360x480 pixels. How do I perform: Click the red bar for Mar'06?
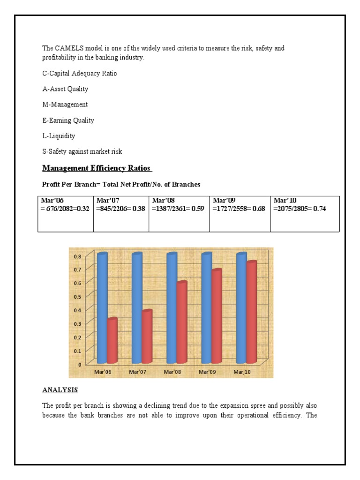112,341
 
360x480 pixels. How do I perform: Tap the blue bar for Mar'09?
207,308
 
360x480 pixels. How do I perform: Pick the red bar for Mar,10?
252,312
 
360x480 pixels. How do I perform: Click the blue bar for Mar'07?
137,308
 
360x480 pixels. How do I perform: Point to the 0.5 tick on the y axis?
77,296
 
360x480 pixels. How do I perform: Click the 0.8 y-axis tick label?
77,256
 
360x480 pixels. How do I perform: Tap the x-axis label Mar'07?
138,372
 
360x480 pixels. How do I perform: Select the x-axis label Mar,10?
241,372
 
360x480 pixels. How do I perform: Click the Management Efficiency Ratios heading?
97,168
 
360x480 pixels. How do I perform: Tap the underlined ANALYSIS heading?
60,390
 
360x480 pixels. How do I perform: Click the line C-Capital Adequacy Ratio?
80,74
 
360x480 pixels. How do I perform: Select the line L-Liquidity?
59,136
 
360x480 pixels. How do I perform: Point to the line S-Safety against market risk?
82,151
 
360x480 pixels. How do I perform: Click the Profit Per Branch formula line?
121,185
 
